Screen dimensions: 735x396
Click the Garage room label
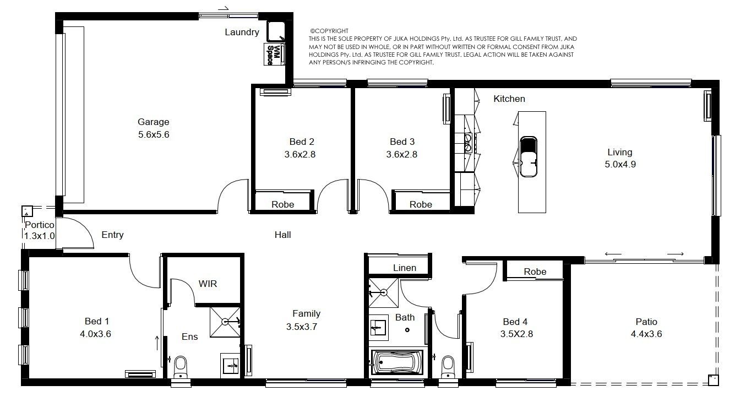(153, 122)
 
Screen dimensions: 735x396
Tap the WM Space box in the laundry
(274, 55)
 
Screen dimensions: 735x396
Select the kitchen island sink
(529, 156)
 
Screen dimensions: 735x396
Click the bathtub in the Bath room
(397, 362)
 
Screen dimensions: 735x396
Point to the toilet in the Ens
(180, 367)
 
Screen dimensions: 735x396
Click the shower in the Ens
(225, 322)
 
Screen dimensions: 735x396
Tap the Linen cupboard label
(405, 268)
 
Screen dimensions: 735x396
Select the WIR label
(208, 284)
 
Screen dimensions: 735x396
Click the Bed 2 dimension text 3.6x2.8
(300, 154)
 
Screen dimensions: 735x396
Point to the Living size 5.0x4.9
(620, 164)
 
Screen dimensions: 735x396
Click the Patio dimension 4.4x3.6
(646, 334)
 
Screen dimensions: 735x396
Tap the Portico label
(40, 225)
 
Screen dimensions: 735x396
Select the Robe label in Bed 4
(535, 272)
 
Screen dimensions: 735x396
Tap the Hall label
(283, 235)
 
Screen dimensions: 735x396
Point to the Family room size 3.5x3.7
(302, 327)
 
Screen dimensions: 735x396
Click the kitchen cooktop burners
(468, 143)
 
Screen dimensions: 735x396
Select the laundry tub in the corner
(276, 31)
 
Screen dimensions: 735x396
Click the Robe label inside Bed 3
(421, 204)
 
